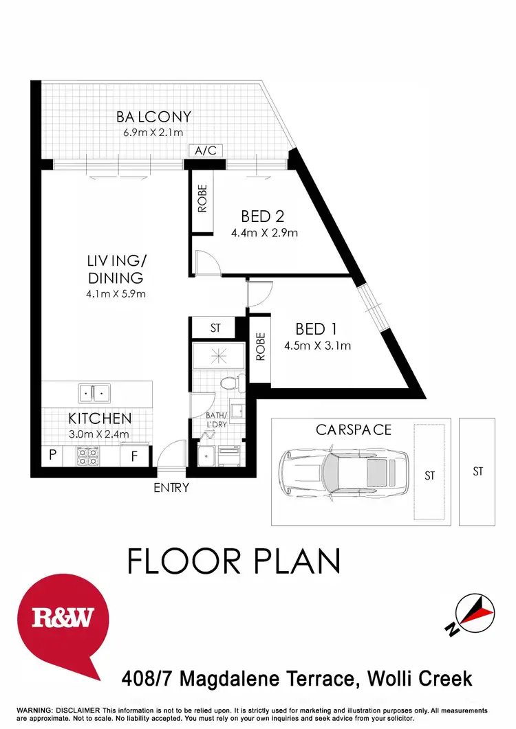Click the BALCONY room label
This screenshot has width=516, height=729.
153,117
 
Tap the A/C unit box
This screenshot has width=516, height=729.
204,150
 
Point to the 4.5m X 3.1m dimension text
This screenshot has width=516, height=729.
317,346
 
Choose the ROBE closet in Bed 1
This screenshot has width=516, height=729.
260,348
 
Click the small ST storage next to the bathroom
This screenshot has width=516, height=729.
215,328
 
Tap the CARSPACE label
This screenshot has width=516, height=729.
353,430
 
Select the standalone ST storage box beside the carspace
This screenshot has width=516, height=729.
477,471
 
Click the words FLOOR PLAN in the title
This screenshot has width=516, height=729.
234,561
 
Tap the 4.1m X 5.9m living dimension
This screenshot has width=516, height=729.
116,294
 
